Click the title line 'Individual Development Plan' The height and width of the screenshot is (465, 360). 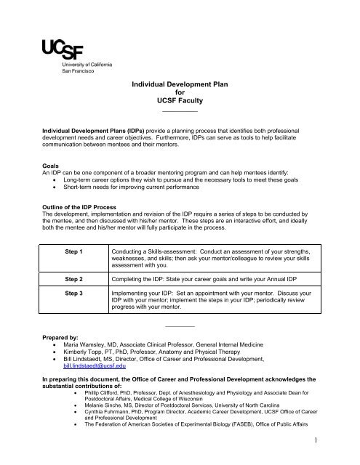[x=179, y=84]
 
